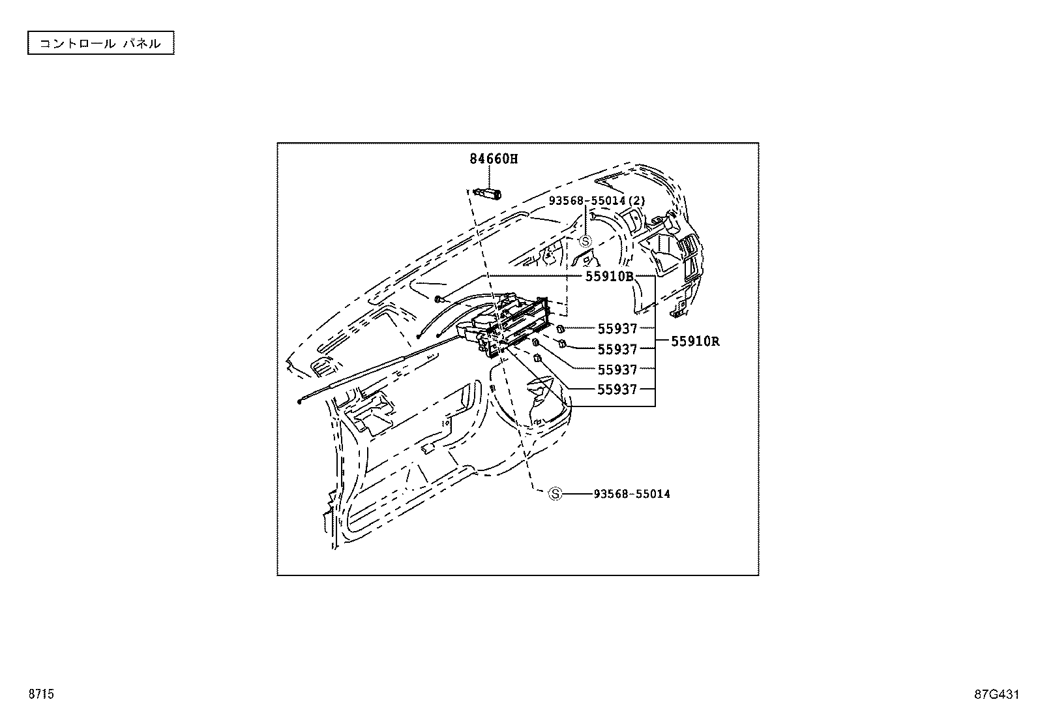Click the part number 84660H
[x=494, y=159]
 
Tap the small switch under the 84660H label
[x=489, y=192]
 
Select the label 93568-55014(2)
[x=597, y=201]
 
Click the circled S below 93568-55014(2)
[x=586, y=241]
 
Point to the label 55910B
[x=609, y=276]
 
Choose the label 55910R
[x=695, y=341]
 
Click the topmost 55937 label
[x=617, y=329]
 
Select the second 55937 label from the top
[x=617, y=349]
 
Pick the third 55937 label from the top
[x=617, y=370]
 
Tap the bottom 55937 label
[x=617, y=389]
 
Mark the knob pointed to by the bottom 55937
[x=538, y=358]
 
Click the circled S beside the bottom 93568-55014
[x=555, y=494]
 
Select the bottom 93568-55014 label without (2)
[x=631, y=494]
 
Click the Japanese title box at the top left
[x=100, y=44]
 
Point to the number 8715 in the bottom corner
[x=40, y=694]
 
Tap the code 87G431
[x=996, y=694]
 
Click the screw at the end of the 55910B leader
[x=439, y=299]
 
